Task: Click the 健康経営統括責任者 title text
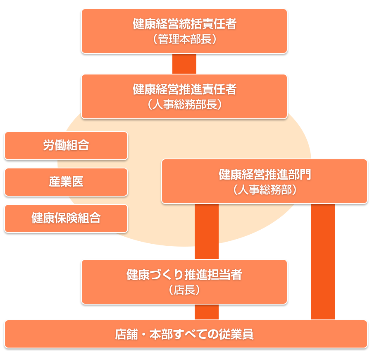(184, 24)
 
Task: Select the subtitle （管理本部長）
(184, 39)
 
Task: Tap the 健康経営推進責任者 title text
(184, 89)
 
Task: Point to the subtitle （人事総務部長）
(184, 105)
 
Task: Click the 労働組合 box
(66, 146)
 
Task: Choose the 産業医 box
(66, 182)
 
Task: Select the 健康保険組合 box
(66, 218)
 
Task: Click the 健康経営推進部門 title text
(265, 175)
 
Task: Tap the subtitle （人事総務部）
(265, 190)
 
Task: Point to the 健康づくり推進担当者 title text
(184, 274)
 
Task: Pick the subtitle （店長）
(184, 290)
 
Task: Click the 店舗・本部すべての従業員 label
(184, 334)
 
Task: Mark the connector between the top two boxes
(184, 64)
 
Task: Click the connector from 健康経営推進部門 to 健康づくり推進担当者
(207, 232)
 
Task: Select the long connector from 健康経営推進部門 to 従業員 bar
(323, 262)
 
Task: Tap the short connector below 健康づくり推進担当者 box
(207, 312)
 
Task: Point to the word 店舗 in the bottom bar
(126, 334)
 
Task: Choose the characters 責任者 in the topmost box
(219, 24)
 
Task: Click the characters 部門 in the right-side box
(299, 175)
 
